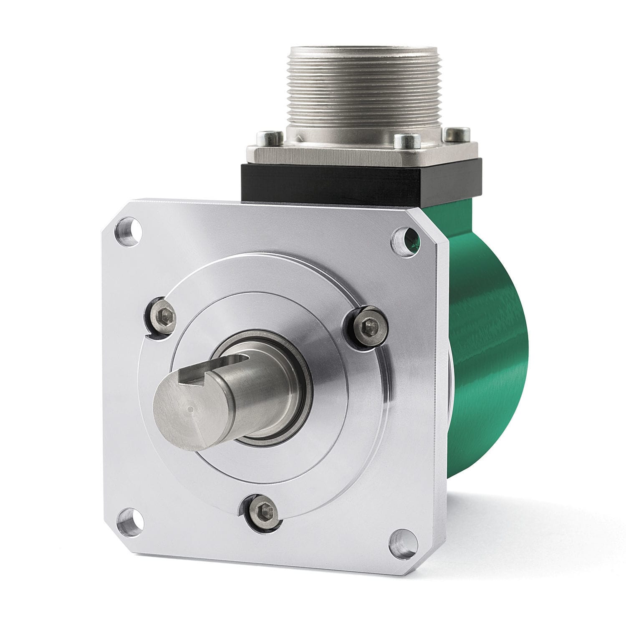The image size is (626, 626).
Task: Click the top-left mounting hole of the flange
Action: (x=131, y=228)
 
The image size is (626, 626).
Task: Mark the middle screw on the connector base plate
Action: (x=402, y=139)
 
